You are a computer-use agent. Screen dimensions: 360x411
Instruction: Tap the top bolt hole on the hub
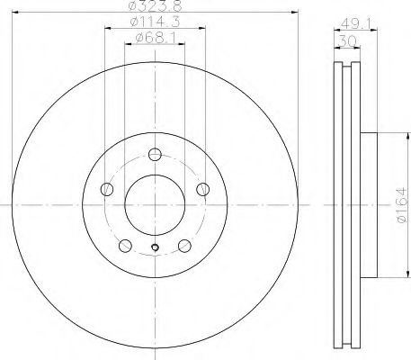click(155, 154)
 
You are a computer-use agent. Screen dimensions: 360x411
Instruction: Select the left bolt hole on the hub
click(108, 189)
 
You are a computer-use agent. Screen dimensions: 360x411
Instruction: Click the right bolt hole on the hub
click(202, 189)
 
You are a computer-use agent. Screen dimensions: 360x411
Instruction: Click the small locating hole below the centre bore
click(155, 249)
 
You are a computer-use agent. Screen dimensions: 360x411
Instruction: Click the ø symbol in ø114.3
click(133, 22)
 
